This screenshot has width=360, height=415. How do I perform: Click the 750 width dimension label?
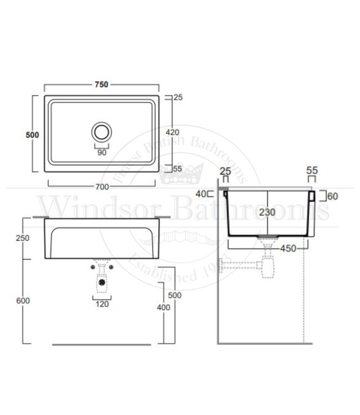tap(101, 85)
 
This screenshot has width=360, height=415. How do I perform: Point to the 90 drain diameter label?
tap(101, 153)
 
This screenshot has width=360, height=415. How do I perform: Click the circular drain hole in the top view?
tap(101, 132)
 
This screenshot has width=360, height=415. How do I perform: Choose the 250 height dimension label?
tap(23, 238)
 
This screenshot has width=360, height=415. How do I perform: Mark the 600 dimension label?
tap(23, 300)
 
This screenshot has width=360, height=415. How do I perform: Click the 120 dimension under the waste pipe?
tap(102, 304)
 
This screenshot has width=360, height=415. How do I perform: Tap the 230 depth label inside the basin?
tap(267, 212)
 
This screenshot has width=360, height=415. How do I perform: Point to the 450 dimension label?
tap(288, 248)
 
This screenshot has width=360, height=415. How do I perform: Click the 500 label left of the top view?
tap(32, 135)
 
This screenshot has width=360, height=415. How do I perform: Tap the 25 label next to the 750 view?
tap(178, 97)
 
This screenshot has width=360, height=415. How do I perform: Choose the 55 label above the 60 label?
tap(312, 171)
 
